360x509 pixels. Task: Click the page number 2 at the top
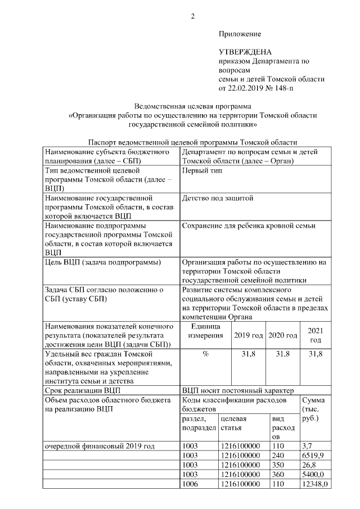(193, 16)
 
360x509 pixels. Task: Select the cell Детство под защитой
(218, 198)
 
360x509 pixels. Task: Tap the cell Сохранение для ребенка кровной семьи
(249, 226)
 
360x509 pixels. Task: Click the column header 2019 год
(248, 335)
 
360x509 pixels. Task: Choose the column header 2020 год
(282, 335)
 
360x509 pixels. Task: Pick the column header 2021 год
(316, 335)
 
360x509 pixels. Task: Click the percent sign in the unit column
(205, 354)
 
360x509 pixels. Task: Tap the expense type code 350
(278, 464)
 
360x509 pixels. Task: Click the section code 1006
(192, 484)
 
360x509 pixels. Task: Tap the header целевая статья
(235, 423)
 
